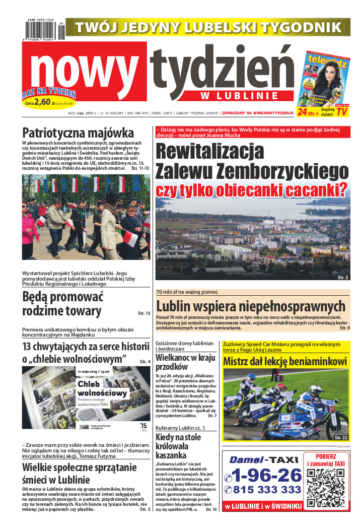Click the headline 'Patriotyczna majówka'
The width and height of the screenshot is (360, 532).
pyautogui.click(x=78, y=133)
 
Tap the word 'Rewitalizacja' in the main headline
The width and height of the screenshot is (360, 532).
pyautogui.click(x=209, y=152)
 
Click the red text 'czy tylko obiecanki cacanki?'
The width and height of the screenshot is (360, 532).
pyautogui.click(x=252, y=190)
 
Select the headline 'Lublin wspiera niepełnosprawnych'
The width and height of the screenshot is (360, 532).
pyautogui.click(x=251, y=306)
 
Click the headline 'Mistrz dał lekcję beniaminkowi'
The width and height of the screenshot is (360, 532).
pyautogui.click(x=285, y=361)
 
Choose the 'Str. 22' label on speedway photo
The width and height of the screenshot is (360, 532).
pyautogui.click(x=340, y=438)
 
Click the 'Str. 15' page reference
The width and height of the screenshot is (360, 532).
pyautogui.click(x=144, y=313)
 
